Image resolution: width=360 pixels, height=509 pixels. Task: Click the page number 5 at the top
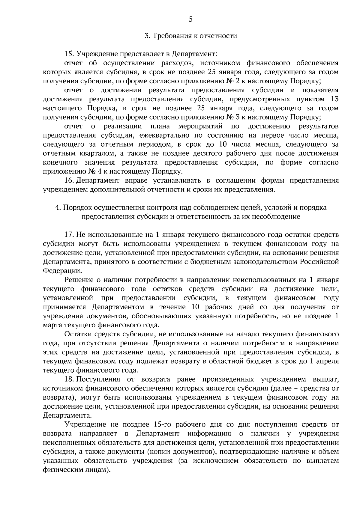[190, 19]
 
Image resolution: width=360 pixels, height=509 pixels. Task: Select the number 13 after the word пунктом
[334, 99]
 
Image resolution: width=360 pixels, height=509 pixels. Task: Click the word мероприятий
[200, 126]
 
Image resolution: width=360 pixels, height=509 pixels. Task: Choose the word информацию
[209, 434]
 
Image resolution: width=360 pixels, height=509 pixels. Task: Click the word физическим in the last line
[63, 470]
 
